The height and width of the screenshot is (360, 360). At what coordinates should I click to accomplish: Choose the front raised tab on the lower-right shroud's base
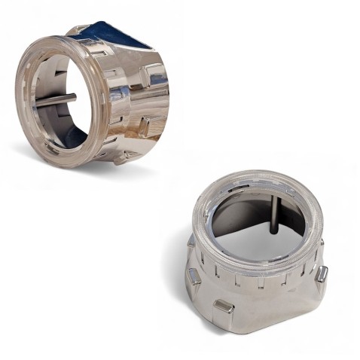tap(224, 305)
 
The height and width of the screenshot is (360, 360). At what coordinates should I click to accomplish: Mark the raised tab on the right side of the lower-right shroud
tap(322, 273)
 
